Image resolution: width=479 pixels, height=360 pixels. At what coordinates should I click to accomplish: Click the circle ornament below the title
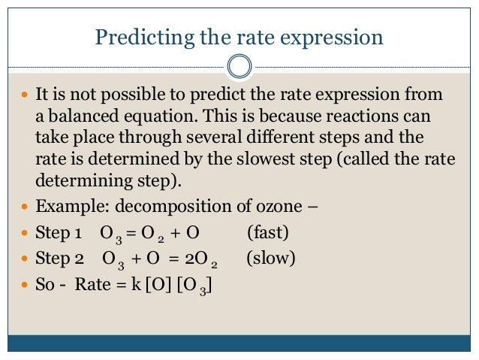coord(239,67)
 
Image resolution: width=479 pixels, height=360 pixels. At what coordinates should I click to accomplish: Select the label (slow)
coord(271,259)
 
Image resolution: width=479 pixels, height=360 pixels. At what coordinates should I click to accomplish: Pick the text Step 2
coord(60,259)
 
